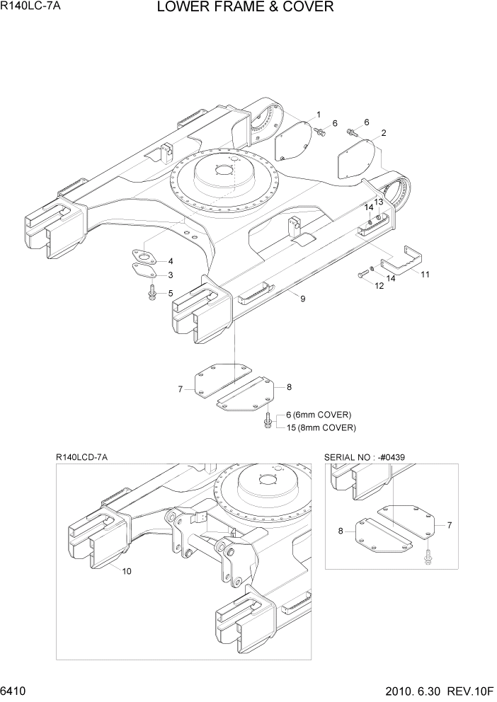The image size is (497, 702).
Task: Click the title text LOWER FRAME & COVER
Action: tap(245, 8)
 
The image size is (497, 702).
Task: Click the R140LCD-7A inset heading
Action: tap(81, 458)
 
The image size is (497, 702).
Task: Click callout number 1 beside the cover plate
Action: tap(319, 115)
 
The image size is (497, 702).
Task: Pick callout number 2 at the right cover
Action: tap(383, 133)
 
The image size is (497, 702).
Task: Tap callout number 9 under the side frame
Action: tap(302, 299)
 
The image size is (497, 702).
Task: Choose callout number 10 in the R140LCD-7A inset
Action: tap(127, 571)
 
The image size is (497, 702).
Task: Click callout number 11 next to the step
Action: tap(425, 274)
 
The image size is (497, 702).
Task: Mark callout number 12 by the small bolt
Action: tap(379, 286)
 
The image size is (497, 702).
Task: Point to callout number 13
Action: tap(379, 202)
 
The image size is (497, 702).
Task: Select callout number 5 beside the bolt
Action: tap(170, 293)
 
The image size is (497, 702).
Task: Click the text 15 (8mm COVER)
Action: tap(321, 427)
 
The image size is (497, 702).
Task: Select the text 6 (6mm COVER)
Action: tap(319, 415)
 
